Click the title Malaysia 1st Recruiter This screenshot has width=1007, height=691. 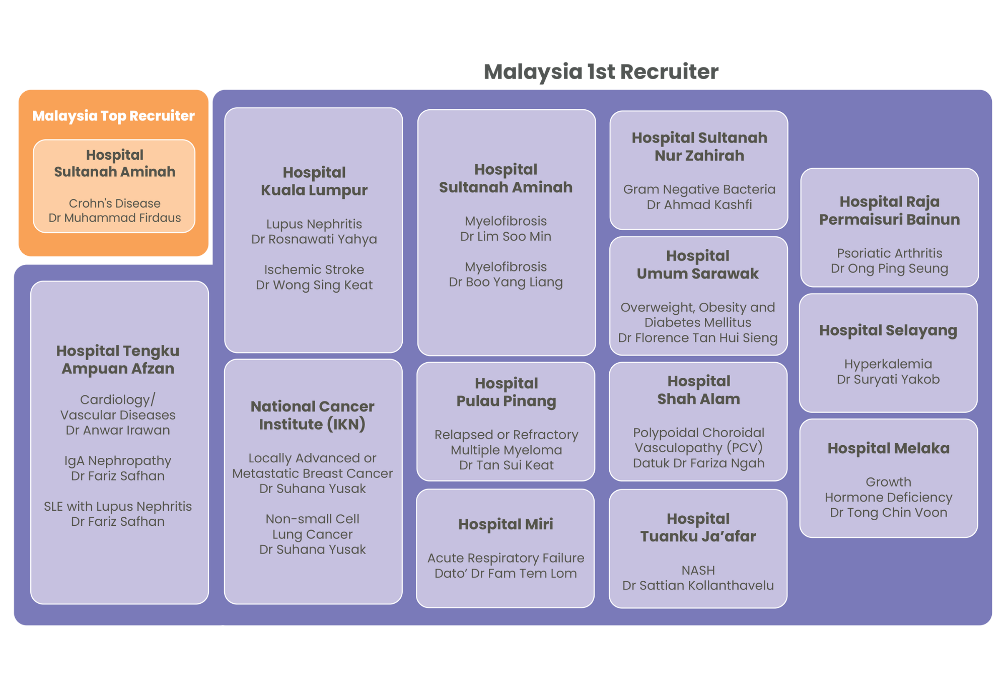coord(601,72)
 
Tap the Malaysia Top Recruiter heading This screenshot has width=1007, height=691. coord(113,116)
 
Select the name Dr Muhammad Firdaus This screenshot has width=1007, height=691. coord(115,218)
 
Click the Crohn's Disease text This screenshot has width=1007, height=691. coord(115,203)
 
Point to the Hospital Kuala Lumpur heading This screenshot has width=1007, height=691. coord(314,181)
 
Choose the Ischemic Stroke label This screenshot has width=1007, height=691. coord(314,269)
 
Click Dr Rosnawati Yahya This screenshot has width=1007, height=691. coord(314,239)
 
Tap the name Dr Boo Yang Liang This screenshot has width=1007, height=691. coord(506,282)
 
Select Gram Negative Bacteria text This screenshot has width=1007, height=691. coord(699,189)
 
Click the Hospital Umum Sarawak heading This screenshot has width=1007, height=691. coord(697,264)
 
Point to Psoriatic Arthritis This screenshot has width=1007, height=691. coord(889,253)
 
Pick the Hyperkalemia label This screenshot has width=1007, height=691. coord(888,364)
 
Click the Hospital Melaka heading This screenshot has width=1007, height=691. coord(888,448)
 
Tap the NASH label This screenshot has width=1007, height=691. coord(698,570)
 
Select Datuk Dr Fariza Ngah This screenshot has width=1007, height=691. coord(698,463)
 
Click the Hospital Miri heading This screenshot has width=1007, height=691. coord(506,524)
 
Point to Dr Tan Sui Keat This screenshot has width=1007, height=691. coord(506,465)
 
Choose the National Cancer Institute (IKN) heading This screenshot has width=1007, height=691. coord(312,415)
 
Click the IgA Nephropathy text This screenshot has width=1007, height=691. coord(118,461)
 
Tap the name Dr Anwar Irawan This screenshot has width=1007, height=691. coord(118,430)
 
